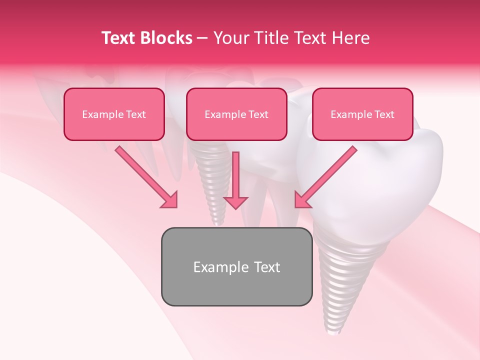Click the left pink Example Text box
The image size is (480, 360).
114,114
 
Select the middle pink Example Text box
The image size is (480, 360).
236,114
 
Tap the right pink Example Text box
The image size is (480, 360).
362,114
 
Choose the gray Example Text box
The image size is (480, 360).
236,266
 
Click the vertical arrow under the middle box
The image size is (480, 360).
235,175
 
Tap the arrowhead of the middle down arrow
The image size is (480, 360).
235,201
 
